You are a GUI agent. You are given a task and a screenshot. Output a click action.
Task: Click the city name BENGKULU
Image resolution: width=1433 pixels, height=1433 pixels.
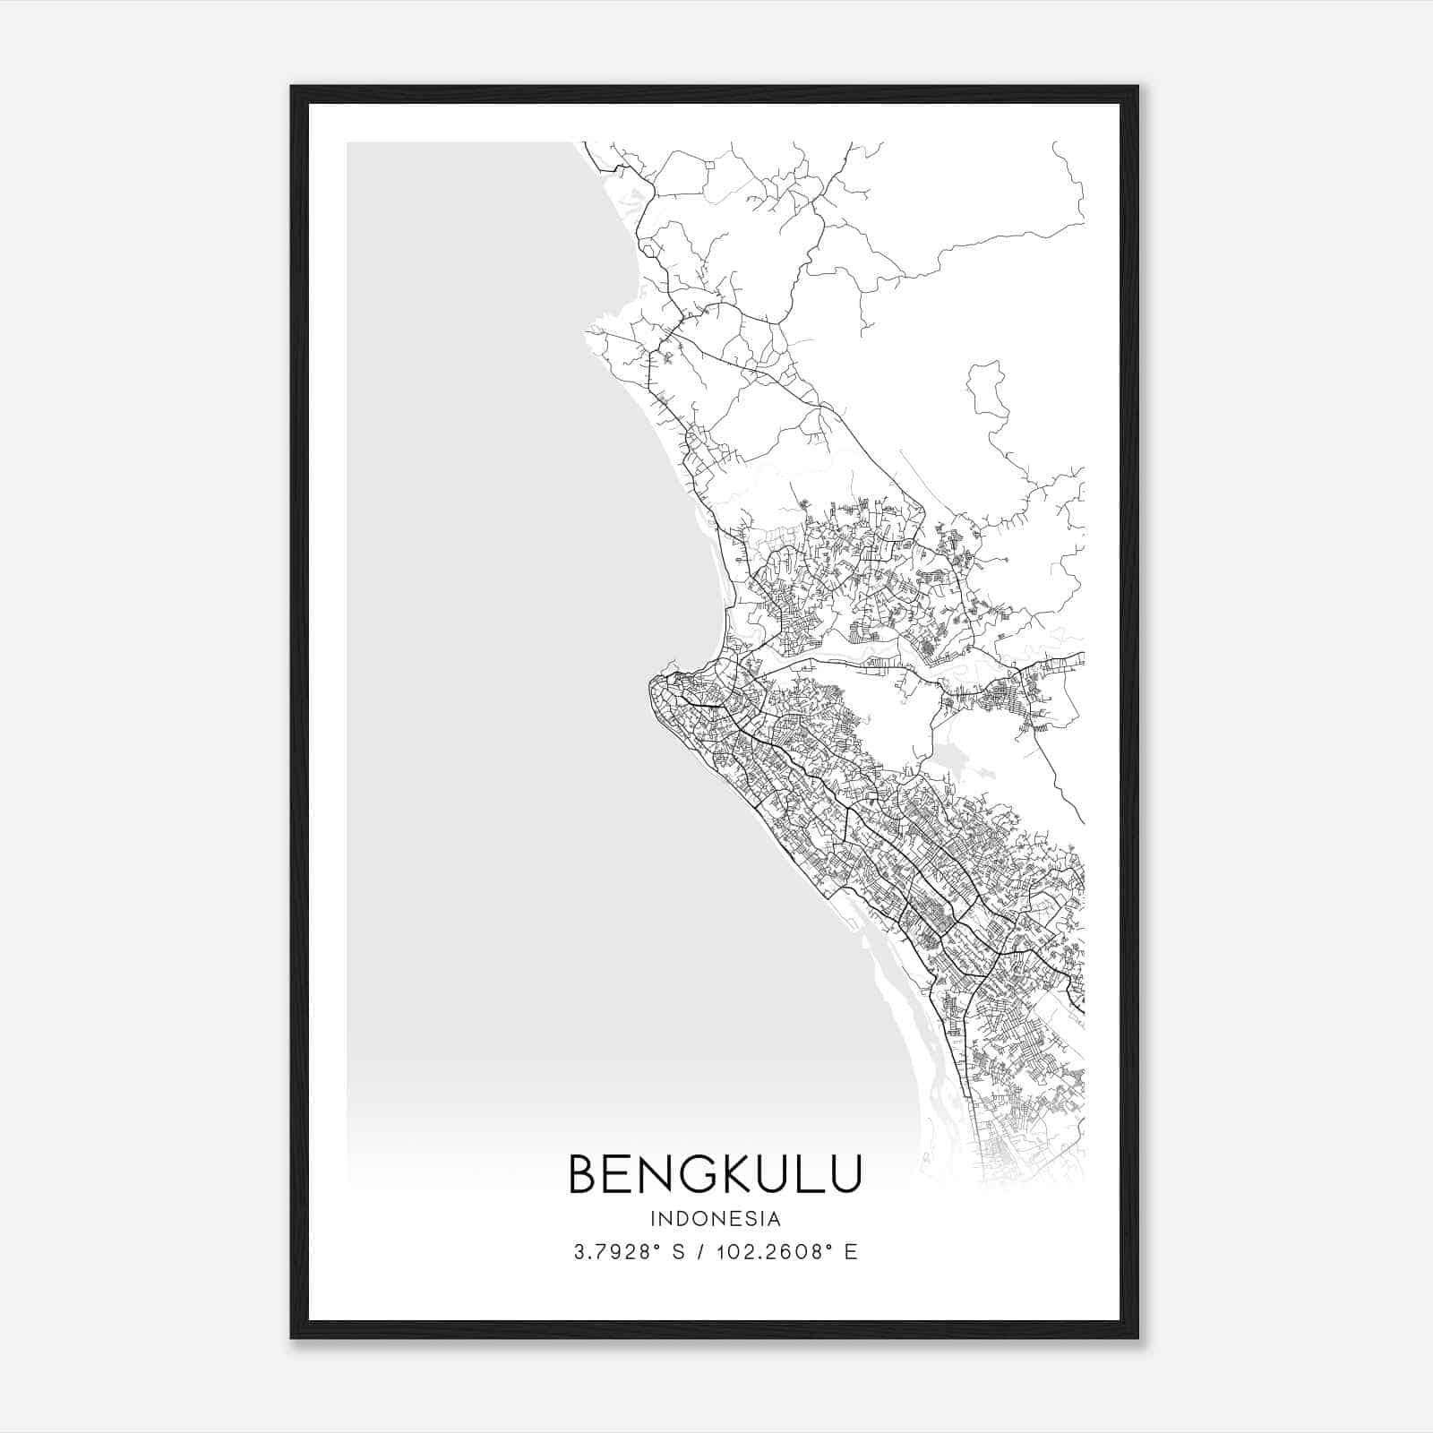point(715,1174)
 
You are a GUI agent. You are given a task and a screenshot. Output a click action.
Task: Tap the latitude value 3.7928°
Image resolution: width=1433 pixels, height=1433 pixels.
point(618,1252)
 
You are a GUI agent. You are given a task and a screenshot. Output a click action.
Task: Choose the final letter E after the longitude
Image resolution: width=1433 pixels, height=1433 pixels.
point(851,1252)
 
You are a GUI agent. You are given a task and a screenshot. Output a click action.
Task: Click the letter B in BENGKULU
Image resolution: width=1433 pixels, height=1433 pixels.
point(584,1174)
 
